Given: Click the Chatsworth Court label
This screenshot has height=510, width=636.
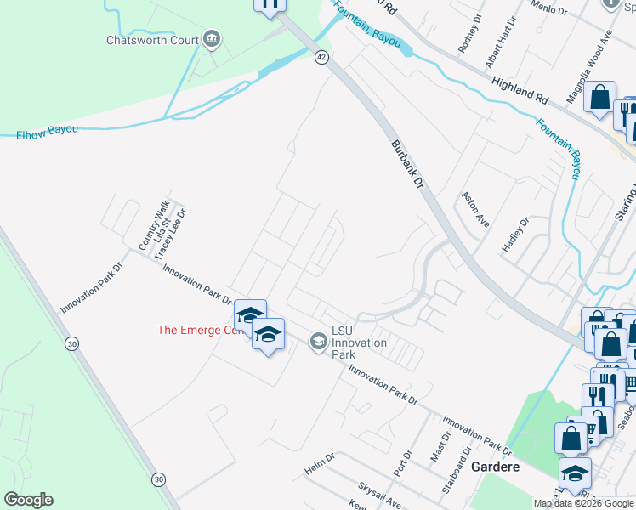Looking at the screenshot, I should coord(152,40).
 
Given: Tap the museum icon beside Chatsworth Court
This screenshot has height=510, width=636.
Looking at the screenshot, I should coord(212,38).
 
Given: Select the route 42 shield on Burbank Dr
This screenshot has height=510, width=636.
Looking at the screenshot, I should coord(321,57).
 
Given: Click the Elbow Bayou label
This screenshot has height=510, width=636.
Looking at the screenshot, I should coord(47,132).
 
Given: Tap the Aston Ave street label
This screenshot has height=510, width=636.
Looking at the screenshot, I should coord(474,209).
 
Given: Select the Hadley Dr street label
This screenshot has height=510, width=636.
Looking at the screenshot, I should coord(515,233).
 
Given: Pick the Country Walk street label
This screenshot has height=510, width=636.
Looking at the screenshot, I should coord(156,224).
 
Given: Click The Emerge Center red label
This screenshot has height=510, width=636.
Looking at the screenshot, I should coord(194,330).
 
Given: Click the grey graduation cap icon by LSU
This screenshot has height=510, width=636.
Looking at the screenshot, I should coord(318,342).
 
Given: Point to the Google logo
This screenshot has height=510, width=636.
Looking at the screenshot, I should coord(28,500).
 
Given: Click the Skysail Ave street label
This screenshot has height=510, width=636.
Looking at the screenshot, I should coord(379,495).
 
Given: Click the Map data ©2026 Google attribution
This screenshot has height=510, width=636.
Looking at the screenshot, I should coord(582,503).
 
